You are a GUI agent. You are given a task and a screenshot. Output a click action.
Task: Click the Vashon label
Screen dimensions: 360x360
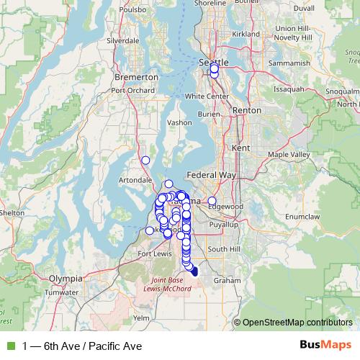pyautogui.click(x=179, y=123)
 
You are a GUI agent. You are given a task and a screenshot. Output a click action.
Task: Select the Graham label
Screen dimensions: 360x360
pyautogui.click(x=227, y=280)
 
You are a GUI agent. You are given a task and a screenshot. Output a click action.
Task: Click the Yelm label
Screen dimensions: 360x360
pyautogui.click(x=141, y=318)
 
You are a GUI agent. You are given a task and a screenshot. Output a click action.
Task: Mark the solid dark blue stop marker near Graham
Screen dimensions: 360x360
pyautogui.click(x=194, y=271)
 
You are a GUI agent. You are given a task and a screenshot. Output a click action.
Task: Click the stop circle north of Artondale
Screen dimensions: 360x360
pyautogui.click(x=145, y=160)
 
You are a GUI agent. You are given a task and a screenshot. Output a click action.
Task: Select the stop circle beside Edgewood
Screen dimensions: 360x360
pyautogui.click(x=212, y=201)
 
